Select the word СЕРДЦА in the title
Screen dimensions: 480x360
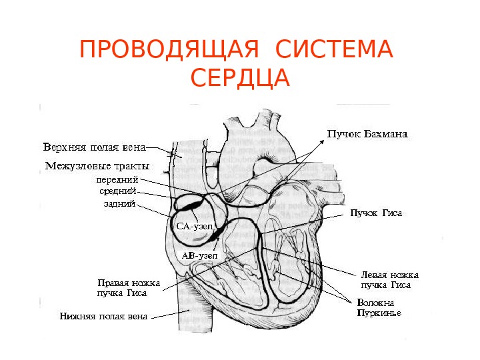pos(240,78)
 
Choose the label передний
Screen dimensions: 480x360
pos(117,180)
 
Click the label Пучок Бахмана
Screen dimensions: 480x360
pos(367,134)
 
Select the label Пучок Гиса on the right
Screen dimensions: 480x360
pos(377,214)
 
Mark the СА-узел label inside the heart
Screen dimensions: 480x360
pos(193,227)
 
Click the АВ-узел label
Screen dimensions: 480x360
pos(199,255)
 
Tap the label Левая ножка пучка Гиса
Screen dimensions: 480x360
pos(389,279)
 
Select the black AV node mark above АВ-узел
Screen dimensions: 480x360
pos(215,233)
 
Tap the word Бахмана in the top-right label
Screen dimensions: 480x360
pos(384,134)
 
